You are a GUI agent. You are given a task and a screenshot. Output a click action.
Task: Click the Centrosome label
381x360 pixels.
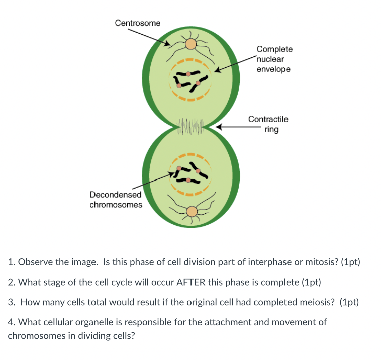point(138,23)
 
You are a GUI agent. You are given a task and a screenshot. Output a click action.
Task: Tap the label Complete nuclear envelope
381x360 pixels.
point(274,59)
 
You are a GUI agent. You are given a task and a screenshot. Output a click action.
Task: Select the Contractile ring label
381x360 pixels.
point(268,124)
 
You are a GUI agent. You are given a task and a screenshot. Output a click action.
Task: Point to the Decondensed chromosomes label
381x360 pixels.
point(116,199)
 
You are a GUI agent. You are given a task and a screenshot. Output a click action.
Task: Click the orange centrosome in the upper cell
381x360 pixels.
point(190,44)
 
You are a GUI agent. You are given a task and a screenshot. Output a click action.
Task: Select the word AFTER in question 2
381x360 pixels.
point(189,282)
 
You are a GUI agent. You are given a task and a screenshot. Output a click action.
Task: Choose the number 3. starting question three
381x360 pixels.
point(12,302)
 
